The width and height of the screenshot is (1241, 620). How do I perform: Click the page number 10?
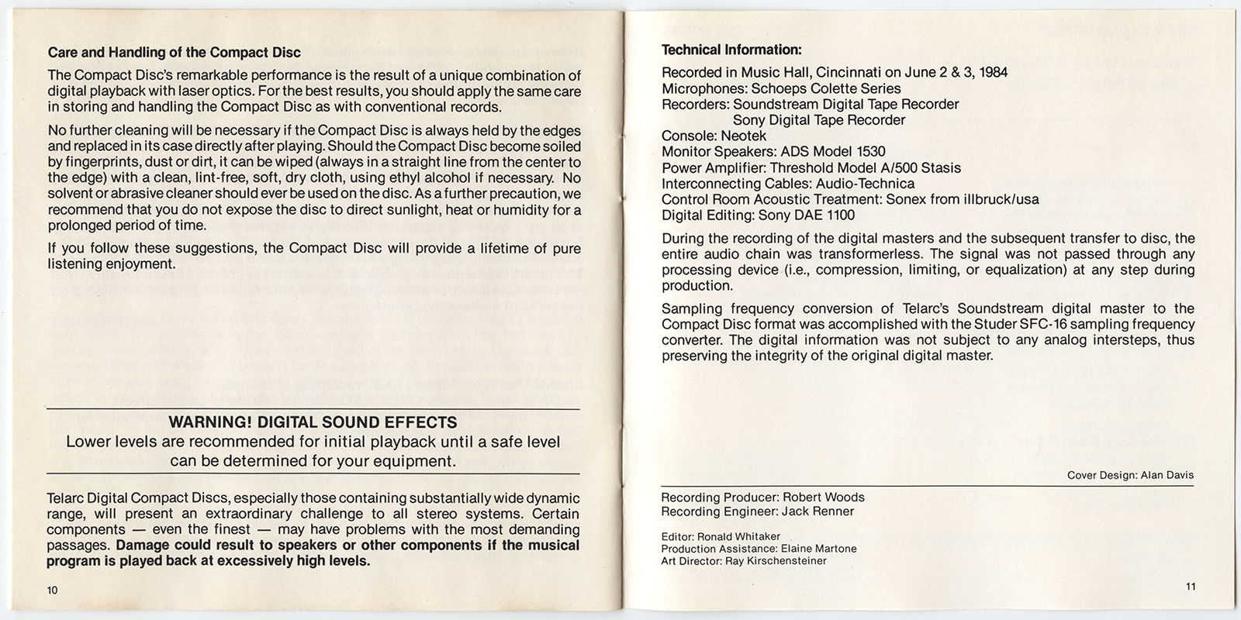[53, 590]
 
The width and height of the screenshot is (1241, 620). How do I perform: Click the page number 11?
[1191, 586]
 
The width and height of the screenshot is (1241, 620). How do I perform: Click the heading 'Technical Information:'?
[731, 50]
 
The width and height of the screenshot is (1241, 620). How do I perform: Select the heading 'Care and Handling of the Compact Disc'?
[175, 53]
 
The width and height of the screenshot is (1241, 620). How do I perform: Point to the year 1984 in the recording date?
[993, 73]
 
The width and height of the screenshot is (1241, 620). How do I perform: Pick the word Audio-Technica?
[865, 184]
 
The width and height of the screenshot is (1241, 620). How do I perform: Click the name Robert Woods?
[823, 498]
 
